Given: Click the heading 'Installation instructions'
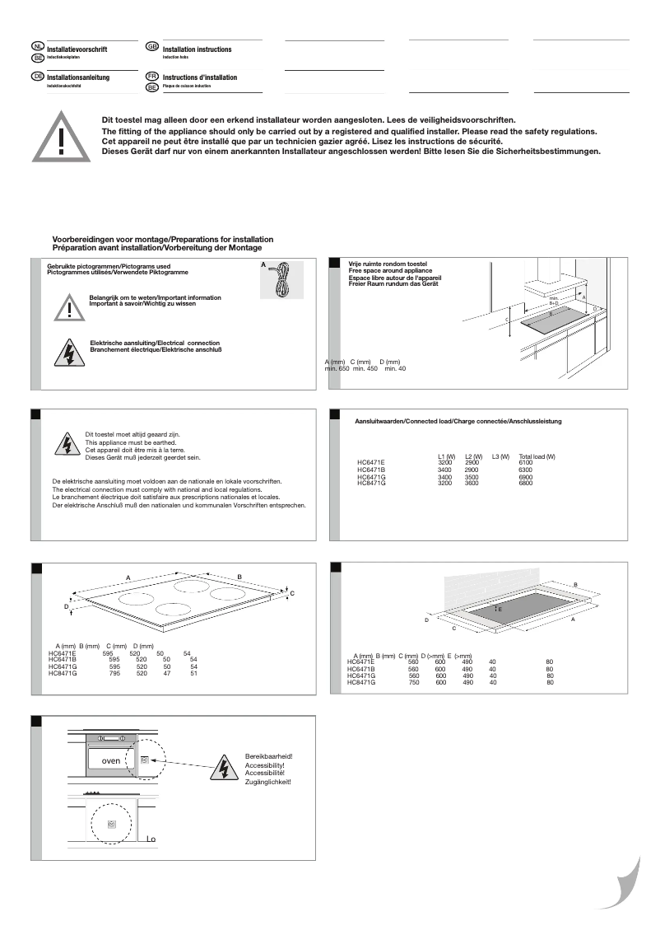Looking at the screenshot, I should [x=198, y=50].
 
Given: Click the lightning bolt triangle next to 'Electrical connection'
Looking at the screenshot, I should [x=64, y=352].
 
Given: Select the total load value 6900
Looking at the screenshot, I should [x=526, y=477].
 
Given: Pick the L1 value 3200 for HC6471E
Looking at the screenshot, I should [x=445, y=463].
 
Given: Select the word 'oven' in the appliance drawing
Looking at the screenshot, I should [x=110, y=760].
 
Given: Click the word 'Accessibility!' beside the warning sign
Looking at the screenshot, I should [x=264, y=765].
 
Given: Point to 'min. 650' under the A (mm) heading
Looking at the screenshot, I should [x=337, y=368].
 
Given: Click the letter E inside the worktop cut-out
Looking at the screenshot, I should [x=500, y=608].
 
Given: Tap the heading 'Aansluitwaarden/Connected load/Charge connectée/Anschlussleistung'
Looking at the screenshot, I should [x=458, y=421].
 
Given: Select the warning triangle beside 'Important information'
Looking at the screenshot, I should [x=71, y=306].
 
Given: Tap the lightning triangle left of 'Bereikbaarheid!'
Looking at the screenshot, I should [x=224, y=768].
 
